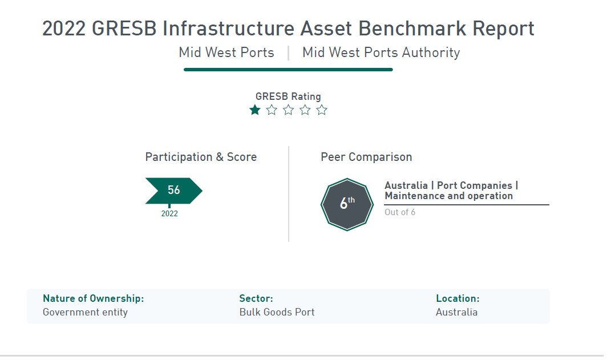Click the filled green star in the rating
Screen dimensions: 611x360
(255, 110)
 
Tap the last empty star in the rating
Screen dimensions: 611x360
(322, 110)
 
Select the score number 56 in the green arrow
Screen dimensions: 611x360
(174, 190)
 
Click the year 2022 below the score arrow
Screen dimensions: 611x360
(169, 213)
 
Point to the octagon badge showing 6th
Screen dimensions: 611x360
(347, 204)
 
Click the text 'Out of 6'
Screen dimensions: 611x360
(400, 212)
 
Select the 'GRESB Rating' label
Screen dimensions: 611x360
(288, 96)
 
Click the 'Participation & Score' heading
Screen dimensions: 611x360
(201, 157)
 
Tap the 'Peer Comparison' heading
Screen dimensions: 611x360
(366, 157)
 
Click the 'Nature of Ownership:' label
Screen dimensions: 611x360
(94, 298)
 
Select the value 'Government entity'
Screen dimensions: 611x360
(86, 312)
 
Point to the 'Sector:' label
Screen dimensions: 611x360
(256, 298)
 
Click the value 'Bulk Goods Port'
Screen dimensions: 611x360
(277, 312)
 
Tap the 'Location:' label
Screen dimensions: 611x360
(458, 298)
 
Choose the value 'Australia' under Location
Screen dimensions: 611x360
(457, 312)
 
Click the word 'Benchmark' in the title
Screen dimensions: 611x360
(412, 29)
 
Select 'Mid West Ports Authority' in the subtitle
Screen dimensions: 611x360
(381, 52)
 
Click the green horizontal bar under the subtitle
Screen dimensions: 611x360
(288, 70)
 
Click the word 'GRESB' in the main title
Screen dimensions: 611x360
(124, 29)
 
